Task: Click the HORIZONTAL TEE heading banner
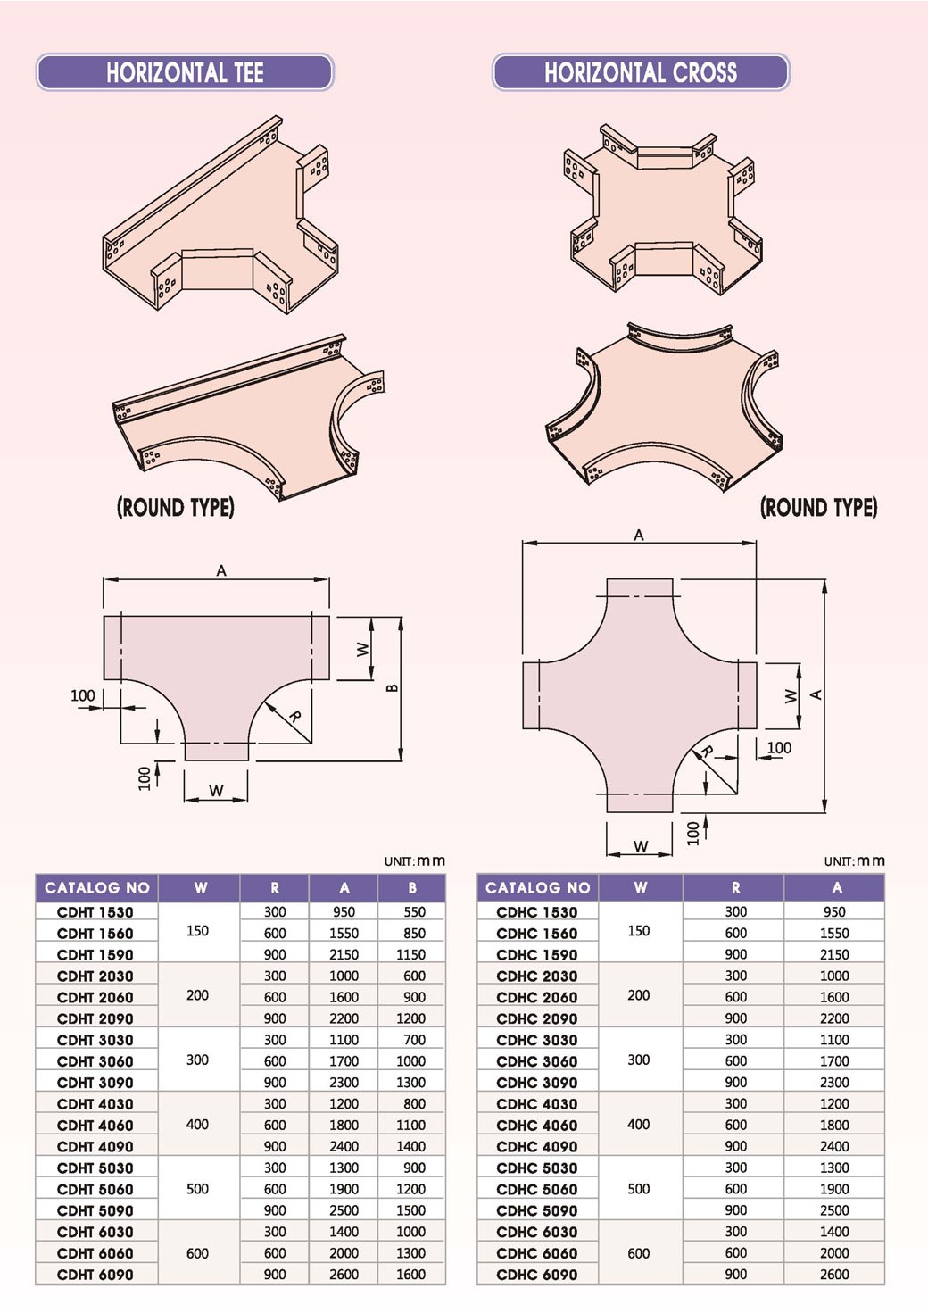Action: pos(185,72)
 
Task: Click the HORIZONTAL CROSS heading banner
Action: pos(641,72)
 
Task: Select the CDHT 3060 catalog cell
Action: pos(95,1061)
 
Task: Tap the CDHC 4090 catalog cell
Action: pos(536,1146)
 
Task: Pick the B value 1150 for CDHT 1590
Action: pos(410,954)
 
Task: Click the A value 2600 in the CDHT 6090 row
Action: pos(344,1275)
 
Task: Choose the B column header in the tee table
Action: pos(412,887)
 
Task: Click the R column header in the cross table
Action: pos(736,887)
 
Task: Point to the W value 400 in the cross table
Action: pos(639,1125)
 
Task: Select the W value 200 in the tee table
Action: pos(197,995)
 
